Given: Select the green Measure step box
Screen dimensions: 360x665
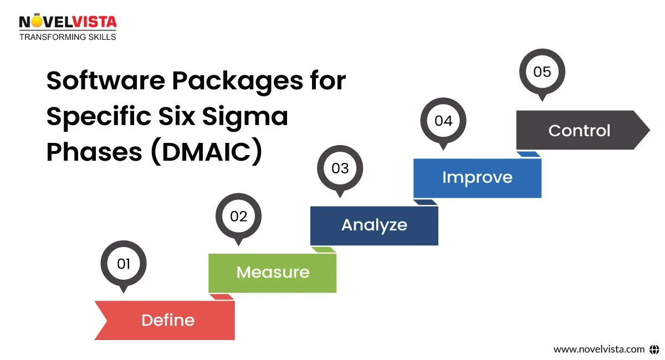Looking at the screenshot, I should point(272,272).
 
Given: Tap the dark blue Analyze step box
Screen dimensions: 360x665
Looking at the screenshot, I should point(374,225).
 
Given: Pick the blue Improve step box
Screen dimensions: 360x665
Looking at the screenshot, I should point(477,178).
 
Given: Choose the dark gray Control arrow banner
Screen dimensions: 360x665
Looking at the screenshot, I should point(579,131).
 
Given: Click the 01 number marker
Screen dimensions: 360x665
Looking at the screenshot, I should point(123,264).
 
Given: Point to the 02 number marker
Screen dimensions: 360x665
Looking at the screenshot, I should point(238,216).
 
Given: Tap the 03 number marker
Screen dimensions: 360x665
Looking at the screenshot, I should point(340,168).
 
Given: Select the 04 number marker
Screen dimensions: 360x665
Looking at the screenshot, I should point(443,121).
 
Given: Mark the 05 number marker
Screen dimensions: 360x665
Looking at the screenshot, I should point(542,72).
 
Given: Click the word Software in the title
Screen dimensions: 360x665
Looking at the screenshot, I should point(105,81).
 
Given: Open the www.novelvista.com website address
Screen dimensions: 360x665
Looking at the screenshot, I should point(599,349).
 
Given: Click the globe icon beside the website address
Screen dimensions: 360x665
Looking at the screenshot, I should point(654,349).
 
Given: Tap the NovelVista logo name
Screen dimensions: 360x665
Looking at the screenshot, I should point(68,22).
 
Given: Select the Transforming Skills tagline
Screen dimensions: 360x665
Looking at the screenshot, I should point(68,37).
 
